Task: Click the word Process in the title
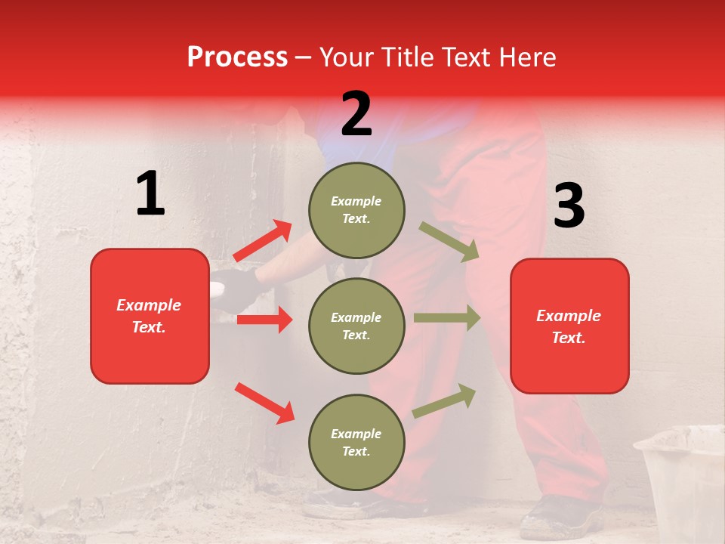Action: [237, 57]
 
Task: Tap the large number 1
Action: [150, 193]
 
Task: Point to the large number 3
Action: [569, 206]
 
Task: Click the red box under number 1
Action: [150, 316]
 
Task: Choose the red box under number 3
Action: [569, 326]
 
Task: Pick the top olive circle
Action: [356, 210]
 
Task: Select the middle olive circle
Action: [356, 326]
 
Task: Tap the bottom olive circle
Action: [356, 442]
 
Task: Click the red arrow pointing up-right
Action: [263, 241]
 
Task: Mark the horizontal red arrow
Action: [264, 320]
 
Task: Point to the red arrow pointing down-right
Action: [264, 403]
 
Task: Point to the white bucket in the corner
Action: [684, 476]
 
